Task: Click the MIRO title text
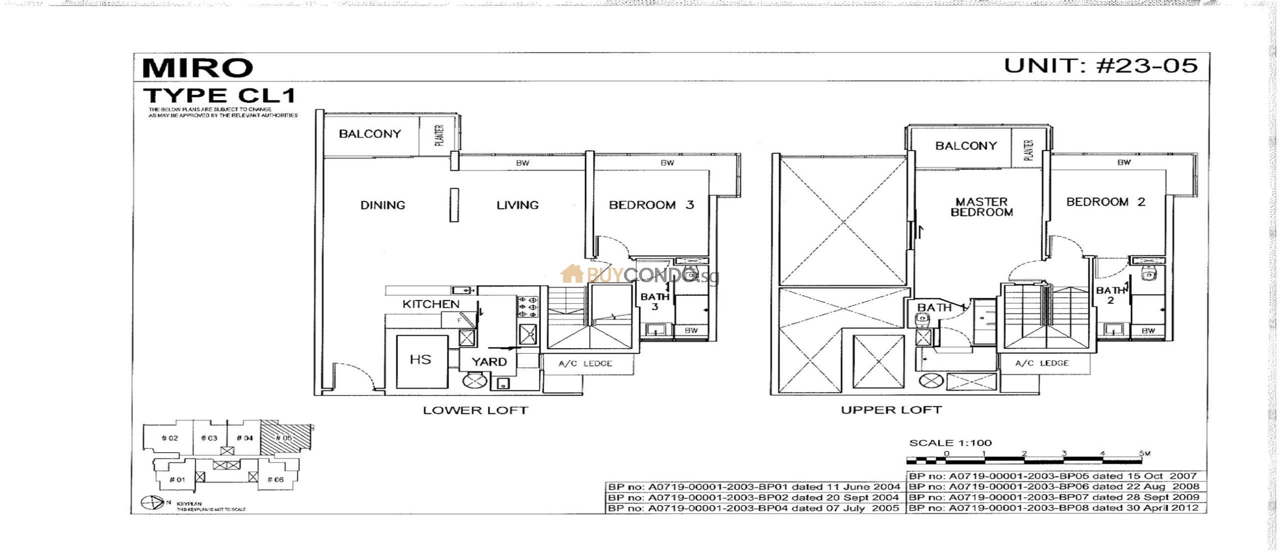point(197,68)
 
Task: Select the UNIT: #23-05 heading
point(1100,65)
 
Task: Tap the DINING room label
point(382,205)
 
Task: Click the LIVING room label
point(517,205)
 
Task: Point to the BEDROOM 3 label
point(651,205)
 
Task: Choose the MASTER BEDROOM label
point(981,207)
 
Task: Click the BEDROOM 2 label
point(1105,202)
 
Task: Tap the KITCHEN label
point(430,304)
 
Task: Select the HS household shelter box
point(421,361)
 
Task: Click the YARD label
point(489,362)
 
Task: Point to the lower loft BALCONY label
point(369,134)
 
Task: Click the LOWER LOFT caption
point(475,411)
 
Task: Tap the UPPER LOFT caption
point(891,410)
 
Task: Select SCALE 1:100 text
point(950,443)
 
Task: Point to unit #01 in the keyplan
point(177,480)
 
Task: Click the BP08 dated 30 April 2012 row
point(1055,508)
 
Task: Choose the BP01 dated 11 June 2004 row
point(754,487)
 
